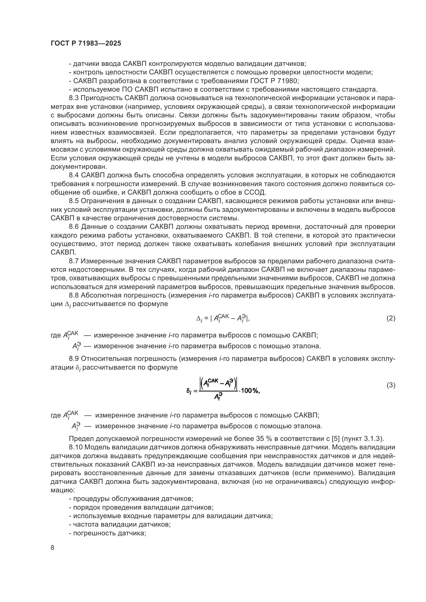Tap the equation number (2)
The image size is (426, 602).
coord(391,318)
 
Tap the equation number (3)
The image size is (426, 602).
coord(391,385)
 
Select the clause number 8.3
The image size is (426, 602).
coord(74,98)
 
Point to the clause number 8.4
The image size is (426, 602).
coord(74,175)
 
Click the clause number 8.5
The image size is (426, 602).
coord(74,201)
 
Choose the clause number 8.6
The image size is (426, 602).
coord(74,226)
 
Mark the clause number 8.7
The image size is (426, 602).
coord(74,261)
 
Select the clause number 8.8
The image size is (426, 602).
coord(74,295)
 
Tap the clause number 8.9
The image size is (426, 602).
coord(74,359)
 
